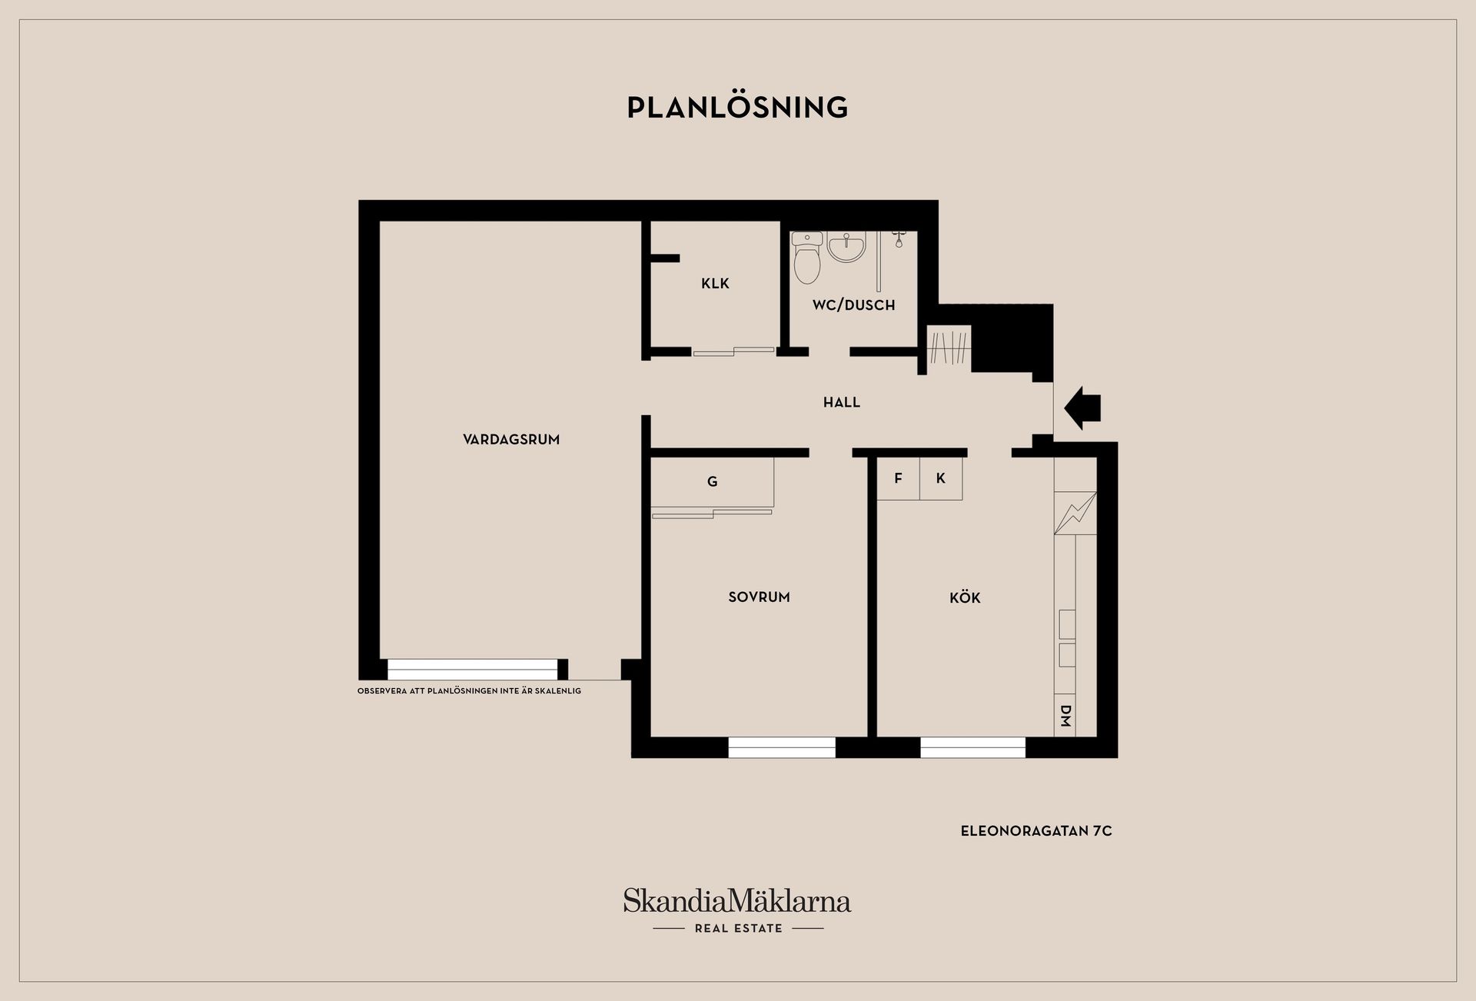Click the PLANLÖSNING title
click(737, 108)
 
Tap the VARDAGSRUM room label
click(511, 440)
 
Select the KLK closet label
click(715, 284)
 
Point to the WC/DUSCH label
click(853, 305)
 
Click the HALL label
click(842, 402)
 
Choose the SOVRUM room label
click(759, 597)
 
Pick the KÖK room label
click(965, 597)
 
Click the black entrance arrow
click(1083, 408)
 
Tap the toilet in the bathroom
click(807, 258)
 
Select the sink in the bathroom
click(846, 247)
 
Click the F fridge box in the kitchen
click(899, 478)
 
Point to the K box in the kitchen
click(941, 478)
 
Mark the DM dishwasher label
click(1065, 716)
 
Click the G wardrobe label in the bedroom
click(713, 482)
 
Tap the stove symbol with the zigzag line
click(1075, 513)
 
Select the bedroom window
click(782, 747)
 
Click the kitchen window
click(972, 747)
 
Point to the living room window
click(472, 670)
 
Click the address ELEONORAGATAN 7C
click(1036, 831)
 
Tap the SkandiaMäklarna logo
click(737, 910)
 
